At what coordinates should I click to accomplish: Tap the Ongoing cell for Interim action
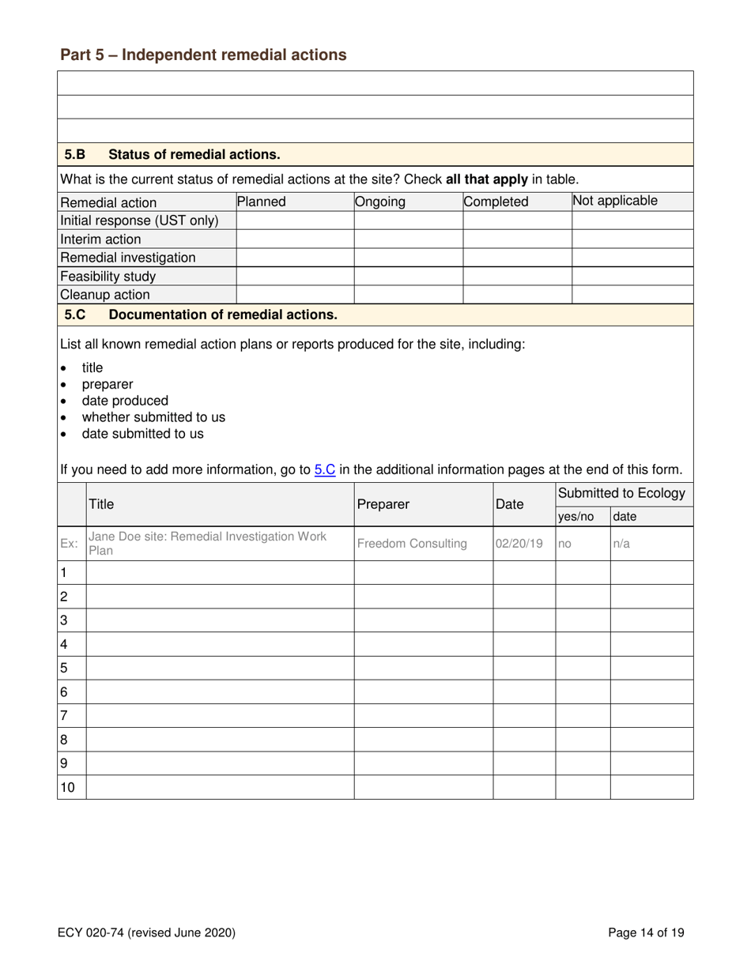coord(407,239)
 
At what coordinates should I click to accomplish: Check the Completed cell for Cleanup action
coord(516,295)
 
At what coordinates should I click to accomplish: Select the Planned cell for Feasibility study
coord(295,277)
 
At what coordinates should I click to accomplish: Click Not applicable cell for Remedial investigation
coord(632,258)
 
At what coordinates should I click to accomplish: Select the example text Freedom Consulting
coord(412,544)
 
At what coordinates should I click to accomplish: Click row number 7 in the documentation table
coord(65,715)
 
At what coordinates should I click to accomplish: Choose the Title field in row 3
coord(219,620)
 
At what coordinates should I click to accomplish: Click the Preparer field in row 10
coord(423,787)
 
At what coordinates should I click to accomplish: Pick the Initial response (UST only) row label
coord(139,220)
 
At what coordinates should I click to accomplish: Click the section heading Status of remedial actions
coord(194,154)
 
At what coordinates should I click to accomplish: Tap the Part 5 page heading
coord(203,55)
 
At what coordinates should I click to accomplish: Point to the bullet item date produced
coord(125,401)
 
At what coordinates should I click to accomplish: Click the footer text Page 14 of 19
coord(647,933)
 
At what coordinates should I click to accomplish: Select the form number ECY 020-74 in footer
coord(146,933)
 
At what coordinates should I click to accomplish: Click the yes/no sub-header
coord(576,517)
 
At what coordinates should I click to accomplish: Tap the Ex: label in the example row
coord(70,544)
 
